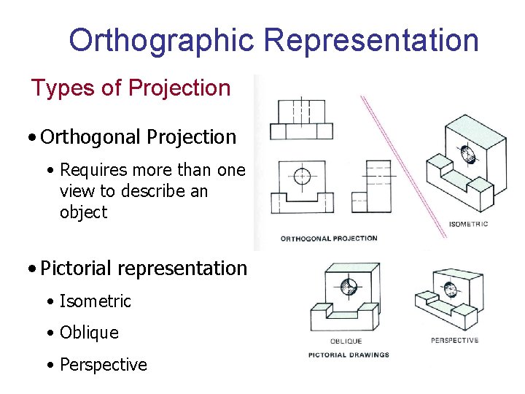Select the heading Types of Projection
point(131,88)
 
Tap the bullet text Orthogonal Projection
point(139,136)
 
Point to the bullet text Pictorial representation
point(144,268)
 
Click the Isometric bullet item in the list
point(96,301)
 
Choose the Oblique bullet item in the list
point(89,333)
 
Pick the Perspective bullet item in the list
point(103,364)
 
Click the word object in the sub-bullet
point(83,212)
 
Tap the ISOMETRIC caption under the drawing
point(468,224)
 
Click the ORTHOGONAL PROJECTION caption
point(329,238)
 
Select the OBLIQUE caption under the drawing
point(346,341)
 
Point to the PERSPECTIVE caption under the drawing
point(454,340)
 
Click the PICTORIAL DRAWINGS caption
point(349,355)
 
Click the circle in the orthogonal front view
point(301,176)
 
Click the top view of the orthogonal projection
point(301,120)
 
